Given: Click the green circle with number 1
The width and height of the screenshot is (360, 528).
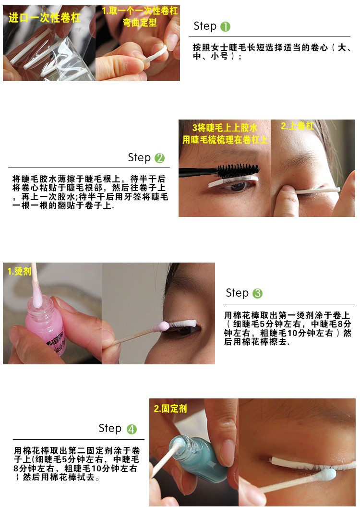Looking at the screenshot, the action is (225, 26).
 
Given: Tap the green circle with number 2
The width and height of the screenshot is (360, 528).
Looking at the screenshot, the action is (160, 158).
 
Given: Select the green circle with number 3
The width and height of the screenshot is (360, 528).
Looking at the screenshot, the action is (258, 293).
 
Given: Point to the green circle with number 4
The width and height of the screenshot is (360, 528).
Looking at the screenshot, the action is (132, 429).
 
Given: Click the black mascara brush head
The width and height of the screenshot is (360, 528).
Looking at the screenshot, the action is (238, 170).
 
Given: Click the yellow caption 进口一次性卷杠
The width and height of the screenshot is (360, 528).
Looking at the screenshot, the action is (45, 18).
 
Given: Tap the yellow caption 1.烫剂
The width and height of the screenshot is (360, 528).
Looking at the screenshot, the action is (19, 271).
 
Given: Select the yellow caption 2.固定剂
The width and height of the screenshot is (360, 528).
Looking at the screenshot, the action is (170, 408).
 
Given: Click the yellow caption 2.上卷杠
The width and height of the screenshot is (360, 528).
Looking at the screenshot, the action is (297, 126).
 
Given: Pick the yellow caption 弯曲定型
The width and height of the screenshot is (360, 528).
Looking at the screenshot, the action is (139, 23).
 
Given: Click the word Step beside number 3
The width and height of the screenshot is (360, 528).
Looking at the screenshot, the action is (237, 293).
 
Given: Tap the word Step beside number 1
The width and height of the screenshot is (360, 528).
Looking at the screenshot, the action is (205, 26).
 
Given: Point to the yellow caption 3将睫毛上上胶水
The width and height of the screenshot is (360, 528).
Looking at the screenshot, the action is (225, 128).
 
